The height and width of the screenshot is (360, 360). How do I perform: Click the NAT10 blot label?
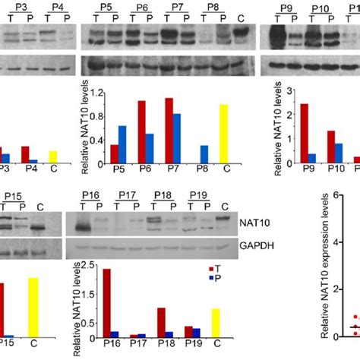pos(257,223)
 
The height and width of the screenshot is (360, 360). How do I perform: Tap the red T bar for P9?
pos(283,132)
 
